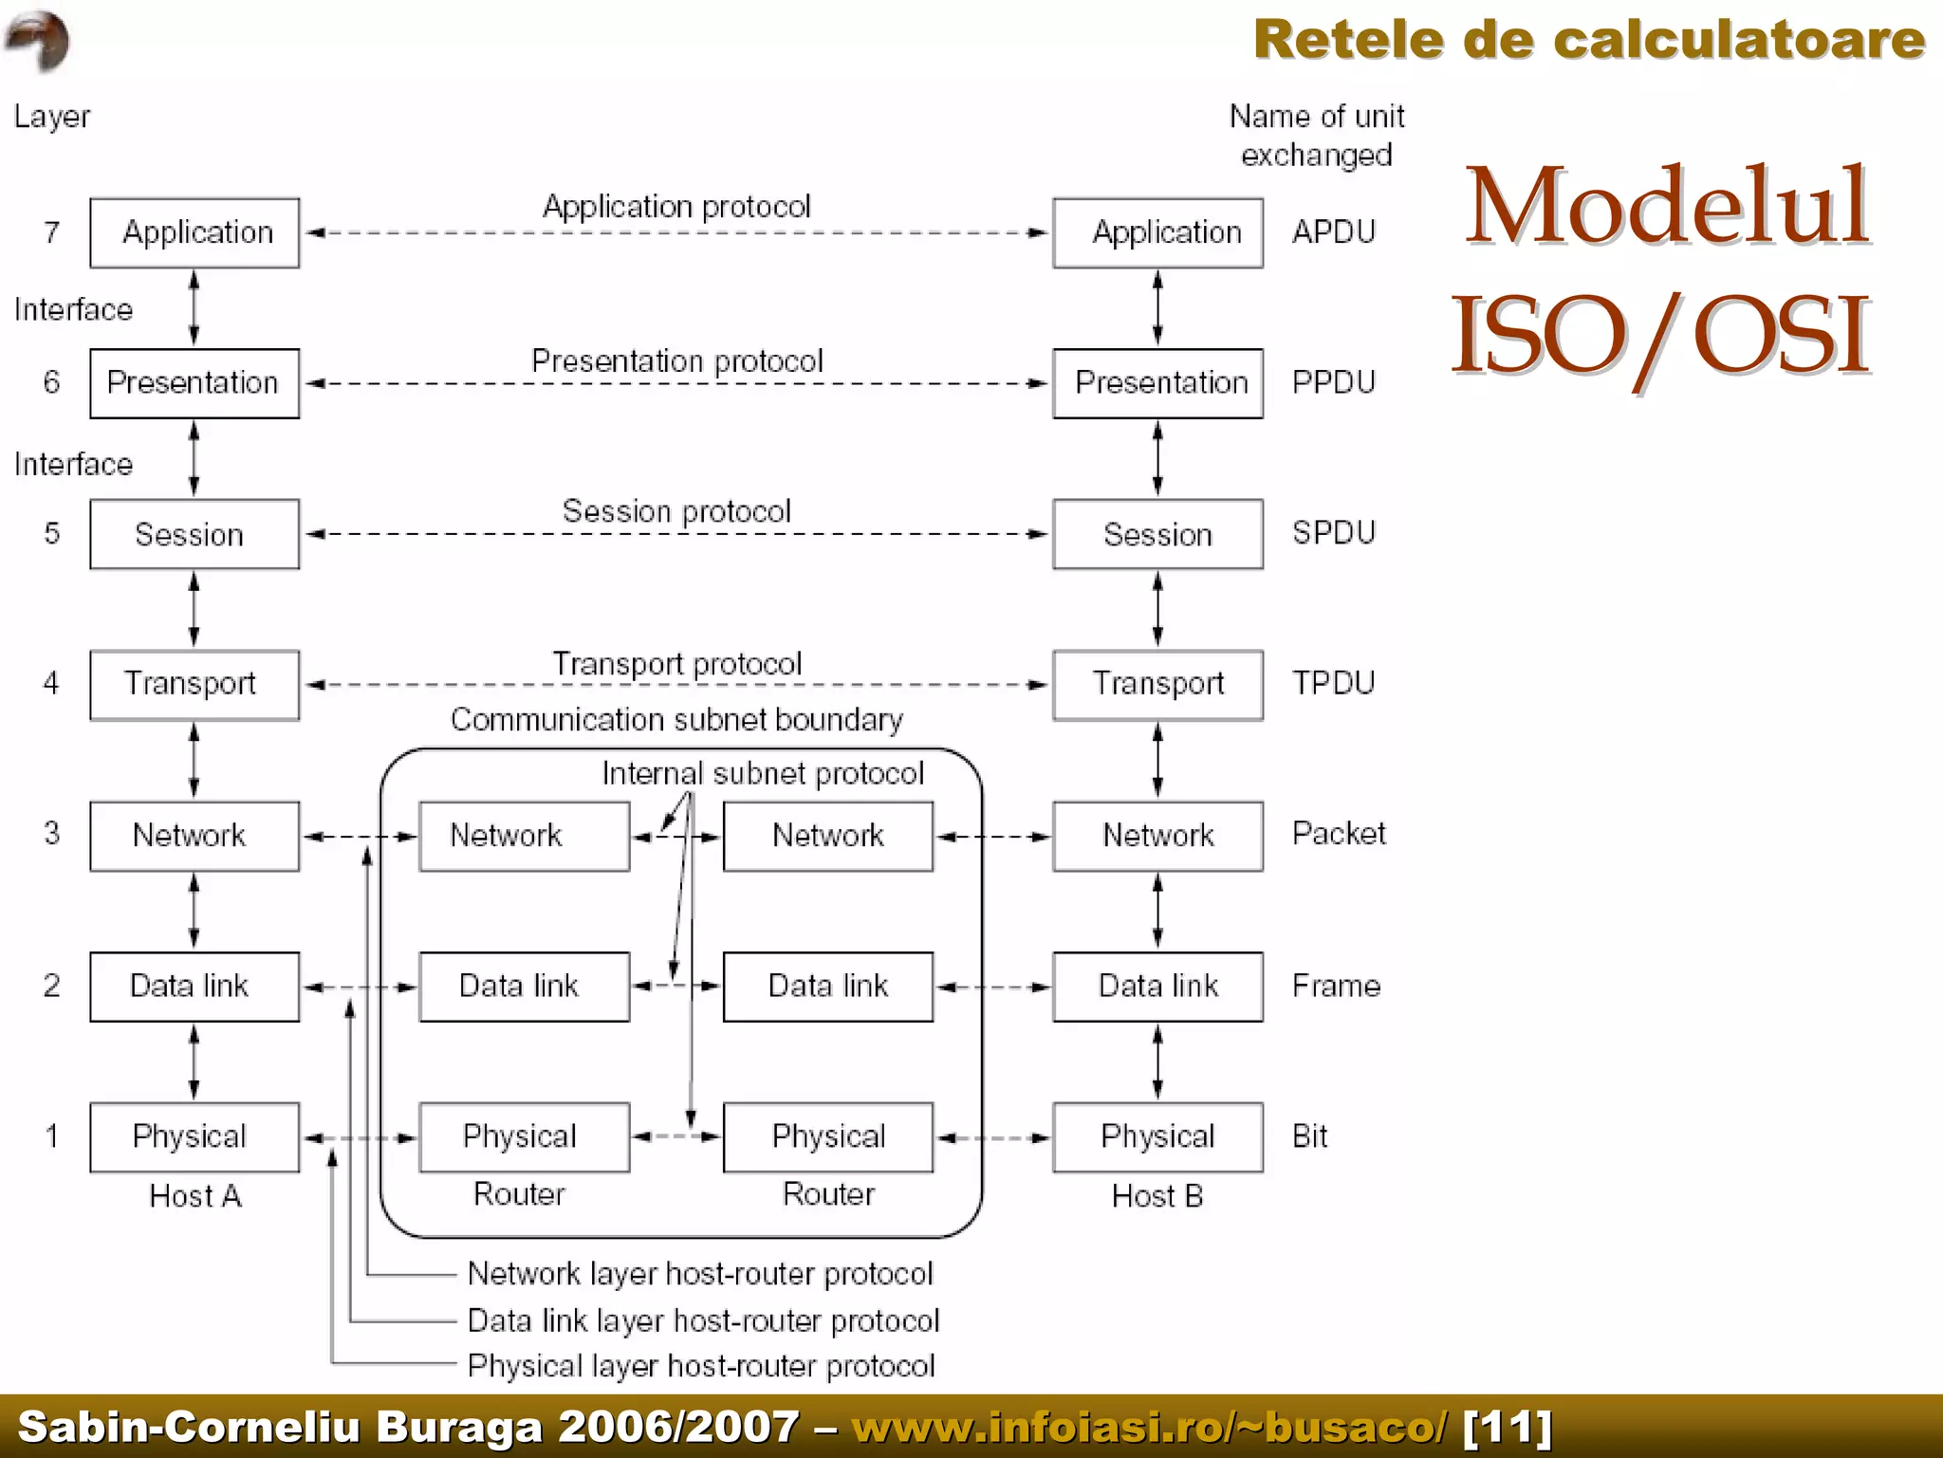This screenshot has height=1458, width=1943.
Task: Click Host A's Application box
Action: coord(194,232)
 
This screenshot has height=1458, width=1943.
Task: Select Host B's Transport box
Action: coord(1157,684)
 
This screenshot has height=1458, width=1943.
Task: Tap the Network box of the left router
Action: coord(524,836)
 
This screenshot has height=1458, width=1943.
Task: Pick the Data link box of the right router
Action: coord(827,986)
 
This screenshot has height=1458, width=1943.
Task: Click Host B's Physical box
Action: coord(1157,1136)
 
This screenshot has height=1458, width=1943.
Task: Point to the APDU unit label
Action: coord(1333,231)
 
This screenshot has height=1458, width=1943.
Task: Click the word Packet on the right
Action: coord(1338,834)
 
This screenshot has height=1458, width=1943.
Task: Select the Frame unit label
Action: coord(1335,986)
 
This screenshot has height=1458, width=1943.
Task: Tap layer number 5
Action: coord(51,533)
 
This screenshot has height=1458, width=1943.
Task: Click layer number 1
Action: coord(51,1135)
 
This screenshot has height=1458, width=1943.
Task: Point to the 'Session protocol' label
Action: coord(675,511)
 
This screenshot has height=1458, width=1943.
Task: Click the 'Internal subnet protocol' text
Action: coord(762,773)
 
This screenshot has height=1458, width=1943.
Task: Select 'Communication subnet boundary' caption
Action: coord(675,720)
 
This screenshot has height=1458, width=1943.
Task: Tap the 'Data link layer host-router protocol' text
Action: coord(702,1320)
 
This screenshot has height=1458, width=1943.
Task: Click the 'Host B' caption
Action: coord(1157,1196)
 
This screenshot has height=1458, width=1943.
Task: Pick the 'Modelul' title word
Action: coord(1666,207)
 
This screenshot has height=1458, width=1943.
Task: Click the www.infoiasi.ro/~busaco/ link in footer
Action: coord(1149,1427)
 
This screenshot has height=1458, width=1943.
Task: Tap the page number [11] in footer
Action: coord(1507,1427)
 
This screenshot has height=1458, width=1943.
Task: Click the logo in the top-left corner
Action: coord(37,40)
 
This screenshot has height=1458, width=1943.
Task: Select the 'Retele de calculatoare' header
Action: coord(1588,40)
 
